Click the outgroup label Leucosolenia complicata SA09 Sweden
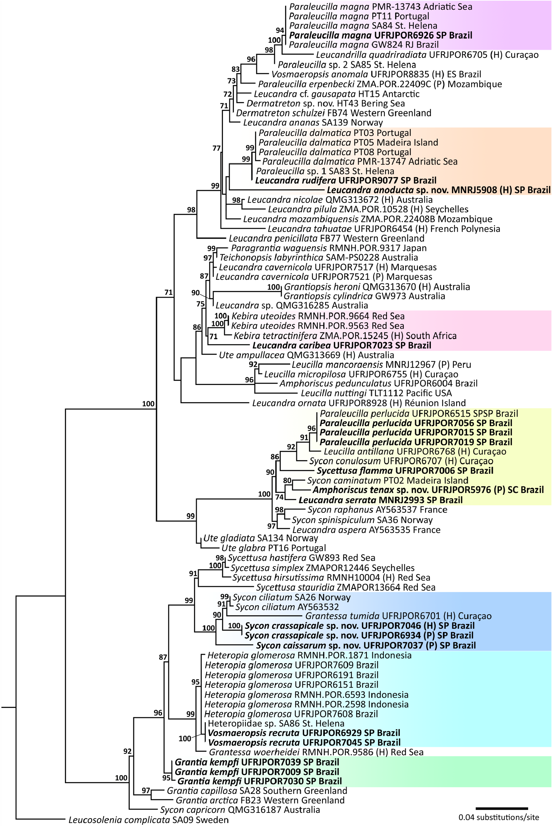(x=148, y=820)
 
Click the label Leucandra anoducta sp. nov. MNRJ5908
(x=438, y=190)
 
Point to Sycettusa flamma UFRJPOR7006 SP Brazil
(x=405, y=471)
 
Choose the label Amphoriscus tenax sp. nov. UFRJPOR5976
(x=428, y=490)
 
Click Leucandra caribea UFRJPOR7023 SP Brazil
(x=341, y=345)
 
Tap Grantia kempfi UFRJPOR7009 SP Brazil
(x=257, y=772)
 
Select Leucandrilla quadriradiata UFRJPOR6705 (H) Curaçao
(x=427, y=55)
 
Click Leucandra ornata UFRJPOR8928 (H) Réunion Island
(x=359, y=403)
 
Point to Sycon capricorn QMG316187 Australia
(x=240, y=810)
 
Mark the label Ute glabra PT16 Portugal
(x=273, y=548)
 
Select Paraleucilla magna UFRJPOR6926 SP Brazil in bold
(x=381, y=35)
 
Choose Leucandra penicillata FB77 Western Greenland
(x=326, y=238)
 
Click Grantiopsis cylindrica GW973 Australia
(x=364, y=296)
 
